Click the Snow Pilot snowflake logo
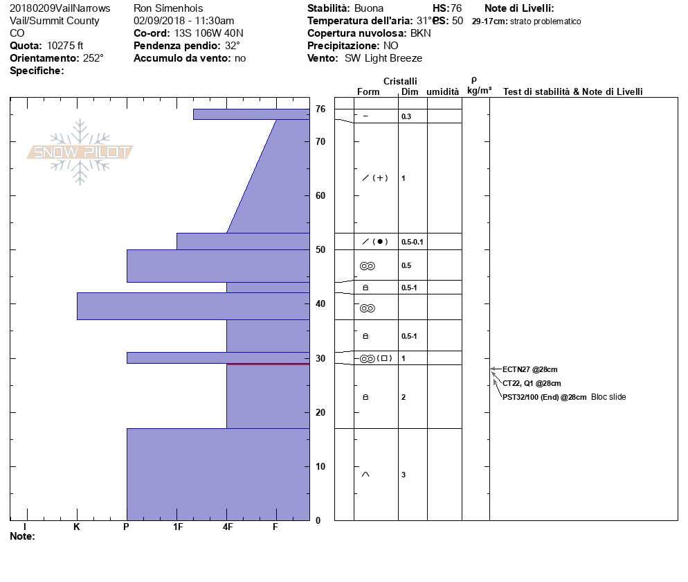pyautogui.click(x=80, y=152)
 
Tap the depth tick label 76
pyautogui.click(x=320, y=109)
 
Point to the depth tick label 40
pyautogui.click(x=320, y=303)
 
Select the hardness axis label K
pyautogui.click(x=77, y=527)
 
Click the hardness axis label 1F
pyautogui.click(x=177, y=527)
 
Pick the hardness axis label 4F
pyautogui.click(x=227, y=527)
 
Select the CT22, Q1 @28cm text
pyautogui.click(x=532, y=383)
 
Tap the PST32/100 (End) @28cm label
pyautogui.click(x=545, y=397)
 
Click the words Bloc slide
pyautogui.click(x=608, y=397)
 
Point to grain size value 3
pyautogui.click(x=404, y=475)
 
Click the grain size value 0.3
pyautogui.click(x=406, y=116)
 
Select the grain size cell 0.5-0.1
pyautogui.click(x=412, y=242)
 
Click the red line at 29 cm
pyautogui.click(x=268, y=364)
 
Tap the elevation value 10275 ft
pyautogui.click(x=65, y=46)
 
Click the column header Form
pyautogui.click(x=368, y=92)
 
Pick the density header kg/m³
pyautogui.click(x=479, y=91)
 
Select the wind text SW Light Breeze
pyautogui.click(x=383, y=58)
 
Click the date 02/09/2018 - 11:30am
pyautogui.click(x=183, y=21)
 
